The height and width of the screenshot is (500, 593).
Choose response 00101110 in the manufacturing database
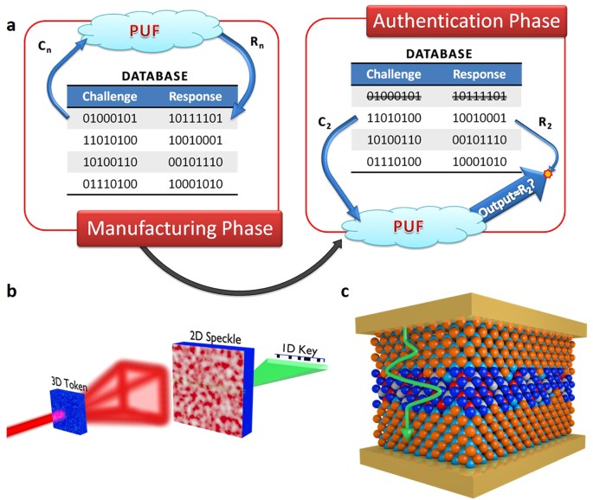pos(198,160)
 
